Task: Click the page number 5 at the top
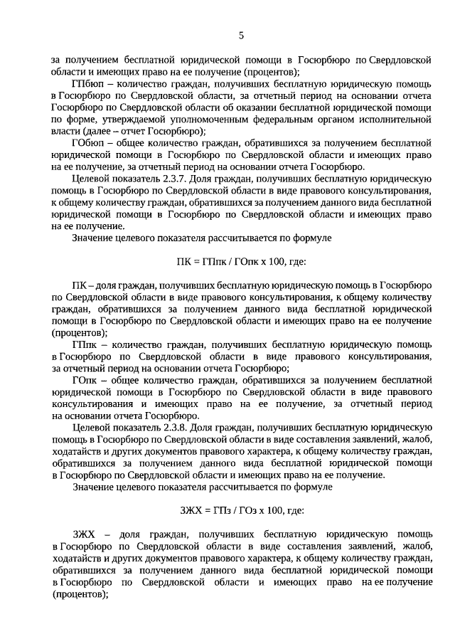tap(241, 36)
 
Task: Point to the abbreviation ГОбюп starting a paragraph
tap(88, 143)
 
